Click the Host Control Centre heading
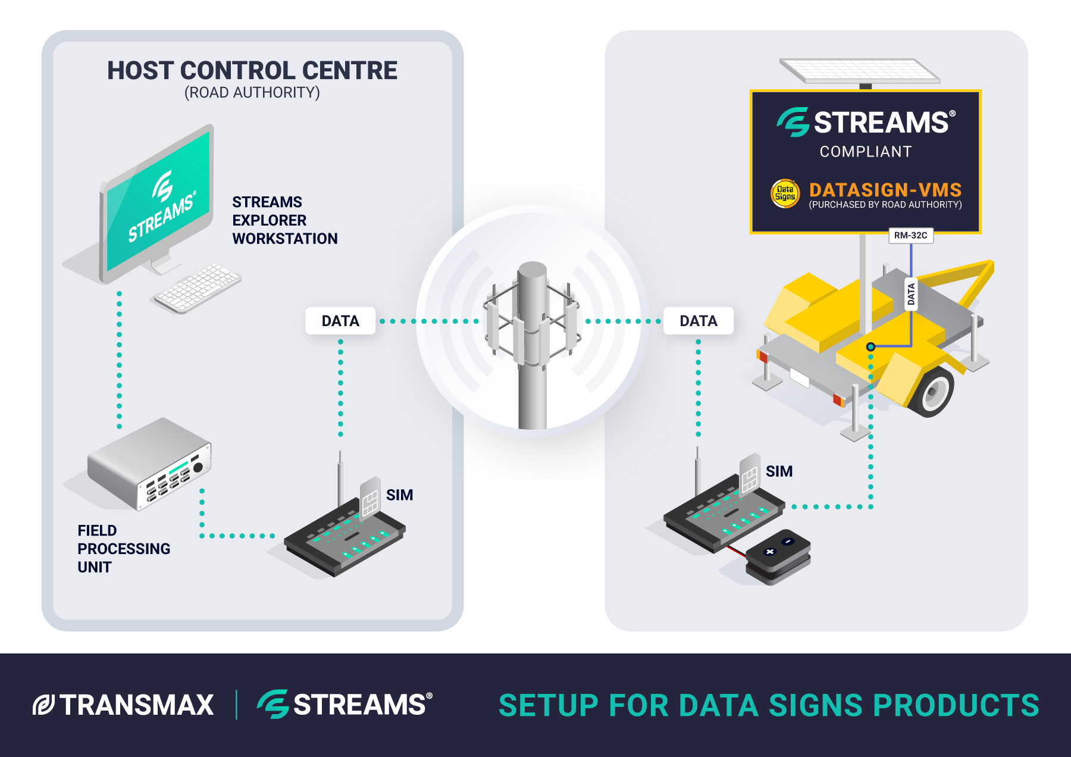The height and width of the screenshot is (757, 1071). [252, 71]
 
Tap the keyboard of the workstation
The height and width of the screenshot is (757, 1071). [198, 288]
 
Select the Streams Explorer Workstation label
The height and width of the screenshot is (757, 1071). [284, 220]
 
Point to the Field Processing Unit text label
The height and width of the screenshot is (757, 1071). [123, 548]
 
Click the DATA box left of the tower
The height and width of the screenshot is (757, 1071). [340, 321]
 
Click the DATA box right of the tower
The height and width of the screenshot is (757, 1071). [698, 321]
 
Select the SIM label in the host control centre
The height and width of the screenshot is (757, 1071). [399, 495]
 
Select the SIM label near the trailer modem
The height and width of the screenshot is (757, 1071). [779, 471]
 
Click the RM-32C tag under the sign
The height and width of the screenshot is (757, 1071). [910, 236]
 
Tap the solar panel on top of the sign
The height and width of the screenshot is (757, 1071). [859, 71]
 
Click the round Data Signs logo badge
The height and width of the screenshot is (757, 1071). [785, 193]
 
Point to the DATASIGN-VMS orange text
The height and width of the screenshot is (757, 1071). [885, 190]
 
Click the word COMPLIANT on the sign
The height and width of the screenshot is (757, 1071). [865, 152]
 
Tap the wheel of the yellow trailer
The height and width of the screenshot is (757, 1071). [931, 392]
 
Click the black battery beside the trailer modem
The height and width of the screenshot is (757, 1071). [778, 556]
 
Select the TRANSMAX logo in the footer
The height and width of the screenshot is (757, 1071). [124, 705]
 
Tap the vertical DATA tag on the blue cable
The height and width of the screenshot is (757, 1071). [910, 294]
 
